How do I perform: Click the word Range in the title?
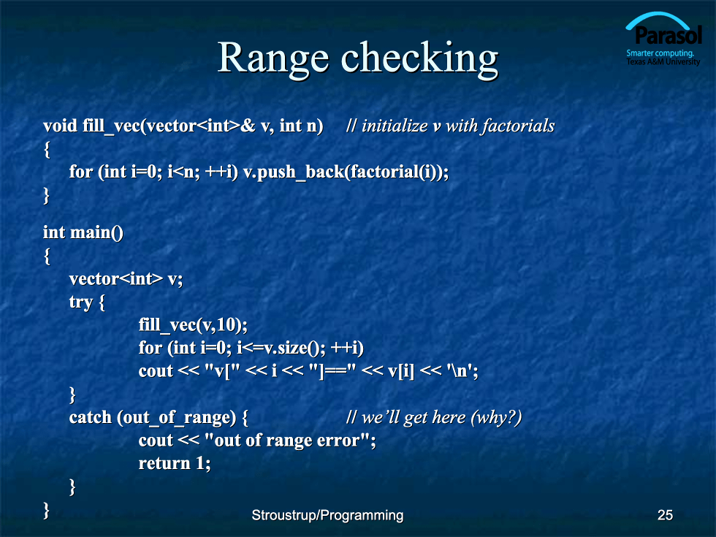pyautogui.click(x=273, y=58)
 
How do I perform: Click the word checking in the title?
pyautogui.click(x=419, y=58)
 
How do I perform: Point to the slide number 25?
pyautogui.click(x=665, y=515)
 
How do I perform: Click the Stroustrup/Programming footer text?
pyautogui.click(x=327, y=516)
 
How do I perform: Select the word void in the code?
pyautogui.click(x=60, y=126)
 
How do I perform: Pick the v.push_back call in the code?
pyautogui.click(x=346, y=172)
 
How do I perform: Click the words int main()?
pyautogui.click(x=83, y=232)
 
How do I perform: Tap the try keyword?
pyautogui.click(x=81, y=302)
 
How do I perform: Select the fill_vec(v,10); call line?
pyautogui.click(x=193, y=325)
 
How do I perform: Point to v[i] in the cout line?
pyautogui.click(x=401, y=371)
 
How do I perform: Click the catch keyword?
pyautogui.click(x=90, y=417)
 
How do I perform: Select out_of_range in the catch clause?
pyautogui.click(x=176, y=418)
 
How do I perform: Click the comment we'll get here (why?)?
pyautogui.click(x=434, y=417)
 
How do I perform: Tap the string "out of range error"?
pyautogui.click(x=287, y=440)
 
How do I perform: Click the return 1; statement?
pyautogui.click(x=175, y=463)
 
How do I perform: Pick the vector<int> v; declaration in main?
pyautogui.click(x=126, y=279)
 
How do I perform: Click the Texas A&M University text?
pyautogui.click(x=663, y=61)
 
